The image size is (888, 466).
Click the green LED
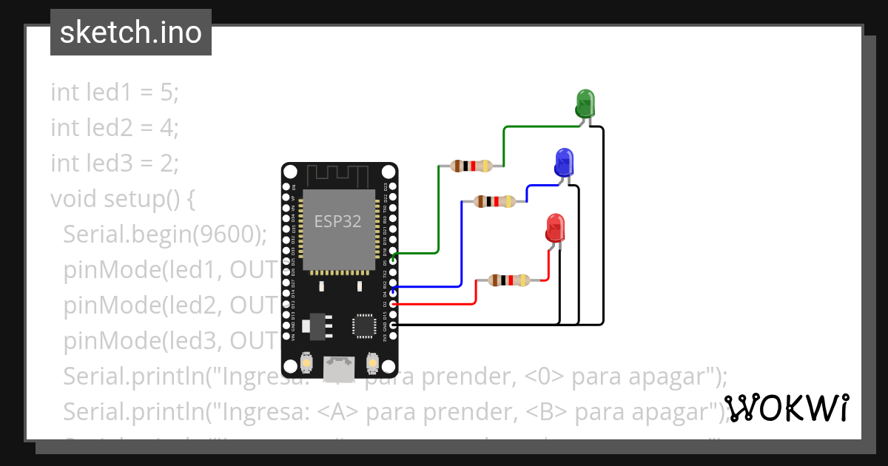[585, 102]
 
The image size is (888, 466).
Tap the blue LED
[564, 161]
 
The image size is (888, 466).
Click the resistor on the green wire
[471, 166]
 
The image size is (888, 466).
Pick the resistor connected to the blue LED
[494, 200]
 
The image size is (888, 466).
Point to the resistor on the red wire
[509, 280]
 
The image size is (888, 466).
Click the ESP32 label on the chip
[337, 221]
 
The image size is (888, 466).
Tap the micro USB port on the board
[338, 364]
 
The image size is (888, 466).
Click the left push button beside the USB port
[306, 364]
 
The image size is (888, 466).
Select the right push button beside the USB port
[371, 364]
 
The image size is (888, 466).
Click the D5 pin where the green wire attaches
[394, 252]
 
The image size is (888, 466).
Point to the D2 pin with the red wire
[394, 304]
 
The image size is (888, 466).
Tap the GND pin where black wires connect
[394, 325]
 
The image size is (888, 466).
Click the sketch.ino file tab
[130, 33]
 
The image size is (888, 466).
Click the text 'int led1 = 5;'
[115, 92]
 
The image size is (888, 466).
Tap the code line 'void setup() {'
[122, 199]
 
